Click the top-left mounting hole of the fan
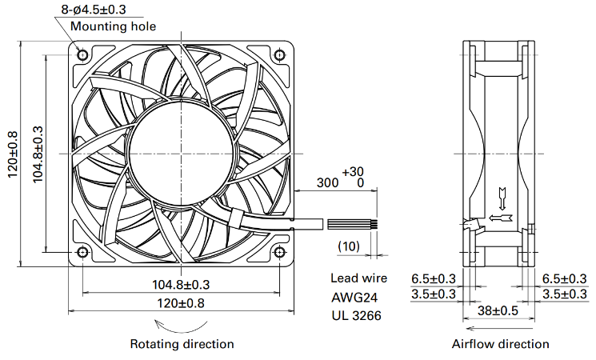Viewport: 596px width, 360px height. (82, 55)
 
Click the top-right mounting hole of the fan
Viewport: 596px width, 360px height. (279, 55)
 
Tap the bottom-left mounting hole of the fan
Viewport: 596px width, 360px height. (82, 252)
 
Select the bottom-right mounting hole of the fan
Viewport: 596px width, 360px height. (279, 252)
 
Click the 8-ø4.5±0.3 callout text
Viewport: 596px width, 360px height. (94, 10)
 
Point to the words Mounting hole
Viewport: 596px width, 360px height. (114, 26)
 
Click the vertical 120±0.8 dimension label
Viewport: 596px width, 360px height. (13, 154)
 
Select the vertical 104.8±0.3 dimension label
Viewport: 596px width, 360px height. (38, 154)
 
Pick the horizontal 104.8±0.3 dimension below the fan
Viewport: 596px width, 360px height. (181, 284)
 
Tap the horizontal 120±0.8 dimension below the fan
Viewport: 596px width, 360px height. (181, 303)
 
